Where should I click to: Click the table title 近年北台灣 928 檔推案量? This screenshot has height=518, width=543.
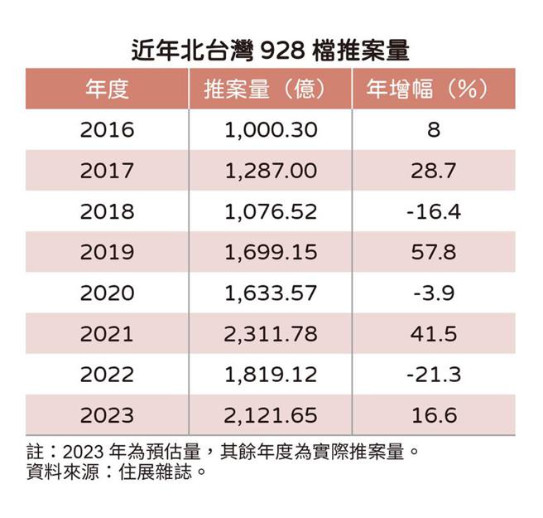click(x=271, y=50)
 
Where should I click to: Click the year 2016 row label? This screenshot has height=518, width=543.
click(x=108, y=130)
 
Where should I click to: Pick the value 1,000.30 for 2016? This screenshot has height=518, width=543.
click(x=271, y=130)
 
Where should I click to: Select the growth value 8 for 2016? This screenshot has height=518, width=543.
click(x=432, y=130)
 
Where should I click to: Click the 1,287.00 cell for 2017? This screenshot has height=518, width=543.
click(x=271, y=171)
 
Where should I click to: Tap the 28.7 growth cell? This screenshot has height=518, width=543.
click(x=432, y=171)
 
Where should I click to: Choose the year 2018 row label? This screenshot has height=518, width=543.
click(x=108, y=211)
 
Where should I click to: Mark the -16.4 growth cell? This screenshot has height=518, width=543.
click(x=432, y=211)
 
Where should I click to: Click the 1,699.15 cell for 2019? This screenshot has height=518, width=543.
click(x=271, y=252)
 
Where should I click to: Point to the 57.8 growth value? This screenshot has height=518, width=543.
click(x=432, y=252)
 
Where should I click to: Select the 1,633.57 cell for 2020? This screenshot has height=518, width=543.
click(x=271, y=293)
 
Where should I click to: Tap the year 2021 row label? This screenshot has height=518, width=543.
click(x=108, y=333)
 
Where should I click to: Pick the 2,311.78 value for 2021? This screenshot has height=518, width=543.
click(x=271, y=333)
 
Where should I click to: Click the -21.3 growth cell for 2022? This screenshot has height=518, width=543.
click(x=432, y=374)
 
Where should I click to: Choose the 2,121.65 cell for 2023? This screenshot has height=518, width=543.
click(x=271, y=414)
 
